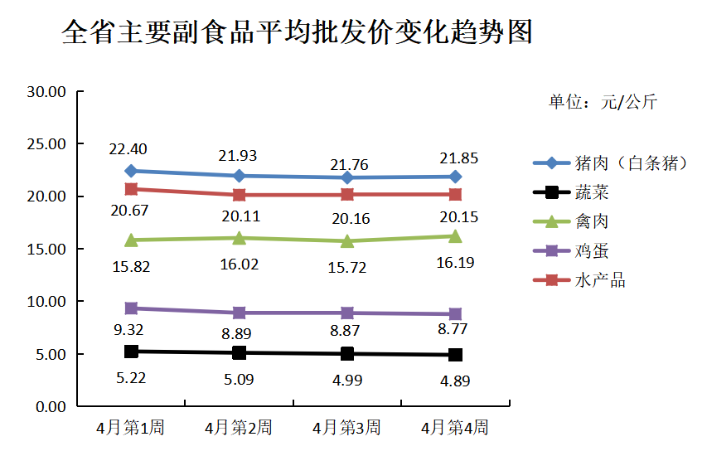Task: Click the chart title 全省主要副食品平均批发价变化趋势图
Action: pyautogui.click(x=297, y=33)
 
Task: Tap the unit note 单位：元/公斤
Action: pyautogui.click(x=603, y=102)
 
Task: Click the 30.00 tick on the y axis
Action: pyautogui.click(x=46, y=92)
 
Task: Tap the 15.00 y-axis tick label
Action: pyautogui.click(x=46, y=249)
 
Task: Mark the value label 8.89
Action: pyautogui.click(x=237, y=334)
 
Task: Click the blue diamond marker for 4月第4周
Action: pyautogui.click(x=455, y=177)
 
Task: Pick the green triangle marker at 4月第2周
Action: pyautogui.click(x=239, y=238)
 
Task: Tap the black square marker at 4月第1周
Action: pyautogui.click(x=131, y=352)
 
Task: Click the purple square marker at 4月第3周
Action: pyautogui.click(x=347, y=313)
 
